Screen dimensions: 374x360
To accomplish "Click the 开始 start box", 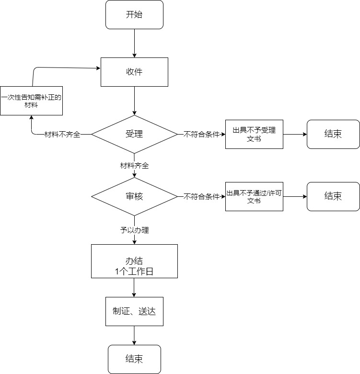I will [x=134, y=14].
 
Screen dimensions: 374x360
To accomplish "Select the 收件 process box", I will [x=134, y=72].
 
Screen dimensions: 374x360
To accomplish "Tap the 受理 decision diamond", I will [x=134, y=134].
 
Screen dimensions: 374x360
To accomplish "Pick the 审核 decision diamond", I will [x=134, y=196].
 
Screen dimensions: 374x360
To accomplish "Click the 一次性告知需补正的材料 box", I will [x=32, y=101].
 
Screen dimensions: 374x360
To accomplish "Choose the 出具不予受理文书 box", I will [x=254, y=134].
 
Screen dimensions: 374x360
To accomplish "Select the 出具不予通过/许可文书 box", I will [x=254, y=196].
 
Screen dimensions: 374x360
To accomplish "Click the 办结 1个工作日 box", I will [x=134, y=261].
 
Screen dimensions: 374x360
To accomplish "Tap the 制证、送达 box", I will [x=134, y=311].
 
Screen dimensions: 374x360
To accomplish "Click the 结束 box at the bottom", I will [x=134, y=359].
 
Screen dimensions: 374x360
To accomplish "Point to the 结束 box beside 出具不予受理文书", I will [x=333, y=134].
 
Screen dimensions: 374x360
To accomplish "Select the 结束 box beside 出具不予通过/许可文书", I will [x=333, y=196].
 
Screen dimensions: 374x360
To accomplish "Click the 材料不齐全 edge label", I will [x=62, y=135].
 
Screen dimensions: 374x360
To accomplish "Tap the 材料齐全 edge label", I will [x=134, y=166].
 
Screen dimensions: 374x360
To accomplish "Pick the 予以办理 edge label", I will [x=134, y=230].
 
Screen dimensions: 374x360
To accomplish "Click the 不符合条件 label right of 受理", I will [x=201, y=135].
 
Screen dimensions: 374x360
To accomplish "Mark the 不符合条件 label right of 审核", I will [x=201, y=196].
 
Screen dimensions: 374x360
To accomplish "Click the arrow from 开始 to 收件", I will [x=134, y=43].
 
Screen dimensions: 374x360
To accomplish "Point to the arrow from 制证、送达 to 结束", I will [x=134, y=335].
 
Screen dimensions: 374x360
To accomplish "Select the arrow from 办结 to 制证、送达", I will [x=134, y=287].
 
